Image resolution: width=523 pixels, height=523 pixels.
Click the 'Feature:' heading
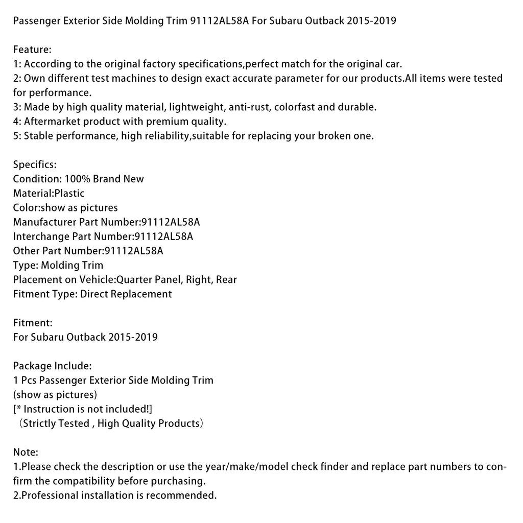click(x=32, y=50)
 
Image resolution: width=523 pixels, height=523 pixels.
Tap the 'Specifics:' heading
click(x=35, y=164)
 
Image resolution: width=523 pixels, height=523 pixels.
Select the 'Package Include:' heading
click(x=52, y=366)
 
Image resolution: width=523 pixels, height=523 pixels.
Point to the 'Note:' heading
click(x=26, y=452)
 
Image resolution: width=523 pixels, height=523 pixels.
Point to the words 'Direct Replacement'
click(x=126, y=294)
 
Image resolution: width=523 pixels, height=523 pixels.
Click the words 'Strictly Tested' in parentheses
click(x=55, y=423)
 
